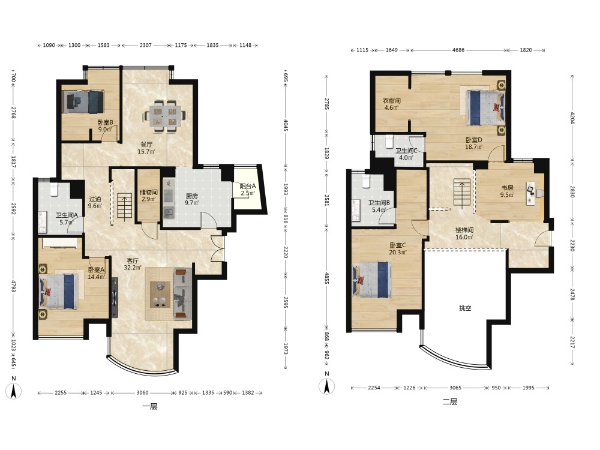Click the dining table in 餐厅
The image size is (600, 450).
(x=165, y=116)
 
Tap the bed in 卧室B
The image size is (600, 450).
(x=83, y=102)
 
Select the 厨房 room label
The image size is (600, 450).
(x=191, y=196)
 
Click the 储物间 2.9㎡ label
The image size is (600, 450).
(x=148, y=196)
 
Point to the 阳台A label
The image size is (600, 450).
(x=248, y=187)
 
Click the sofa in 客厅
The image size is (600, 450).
(x=182, y=293)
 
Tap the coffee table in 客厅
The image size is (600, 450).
(x=160, y=294)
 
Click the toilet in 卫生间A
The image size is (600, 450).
(x=54, y=188)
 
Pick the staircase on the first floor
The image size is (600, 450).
(x=125, y=206)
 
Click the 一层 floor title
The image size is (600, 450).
(x=150, y=406)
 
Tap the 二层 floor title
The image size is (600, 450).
(x=449, y=402)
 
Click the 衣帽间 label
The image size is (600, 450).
(x=391, y=101)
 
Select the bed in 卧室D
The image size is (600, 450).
(x=485, y=107)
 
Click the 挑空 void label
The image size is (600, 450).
(x=465, y=308)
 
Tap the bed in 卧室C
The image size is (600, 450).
(x=373, y=280)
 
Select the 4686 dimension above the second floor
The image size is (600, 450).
(x=458, y=50)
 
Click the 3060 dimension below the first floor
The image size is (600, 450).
(x=142, y=392)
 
